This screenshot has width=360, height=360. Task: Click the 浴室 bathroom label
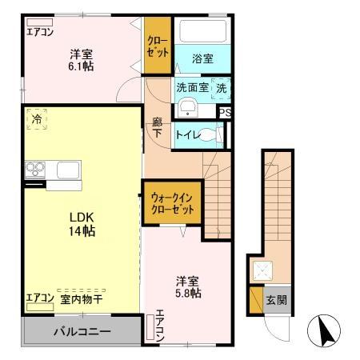click(202, 58)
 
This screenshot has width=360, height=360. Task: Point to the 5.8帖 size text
click(189, 294)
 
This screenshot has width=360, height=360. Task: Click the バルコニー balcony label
click(82, 330)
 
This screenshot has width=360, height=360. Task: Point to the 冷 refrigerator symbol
click(37, 118)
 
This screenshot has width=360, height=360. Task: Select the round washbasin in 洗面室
click(189, 110)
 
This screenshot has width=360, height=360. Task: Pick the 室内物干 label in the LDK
click(81, 299)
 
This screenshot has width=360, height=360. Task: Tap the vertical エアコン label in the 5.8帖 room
click(160, 326)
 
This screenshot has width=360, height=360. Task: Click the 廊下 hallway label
click(157, 129)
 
